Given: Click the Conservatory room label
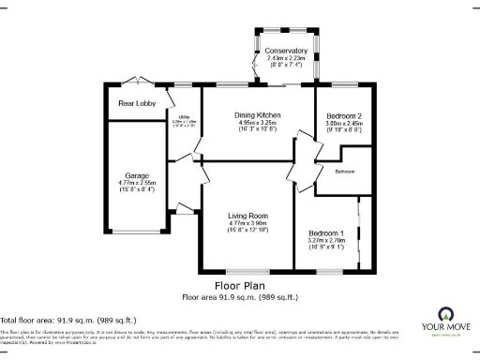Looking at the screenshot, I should click(x=286, y=51).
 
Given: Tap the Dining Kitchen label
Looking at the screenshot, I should click(x=257, y=114).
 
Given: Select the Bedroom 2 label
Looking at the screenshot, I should click(x=337, y=114).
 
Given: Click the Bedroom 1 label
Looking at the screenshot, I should click(x=327, y=232).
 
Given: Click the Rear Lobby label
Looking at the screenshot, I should click(x=135, y=103).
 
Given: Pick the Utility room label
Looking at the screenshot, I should click(x=184, y=115).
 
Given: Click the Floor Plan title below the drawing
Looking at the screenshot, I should click(x=240, y=285).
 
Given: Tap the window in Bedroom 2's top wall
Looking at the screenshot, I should click(x=338, y=86).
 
